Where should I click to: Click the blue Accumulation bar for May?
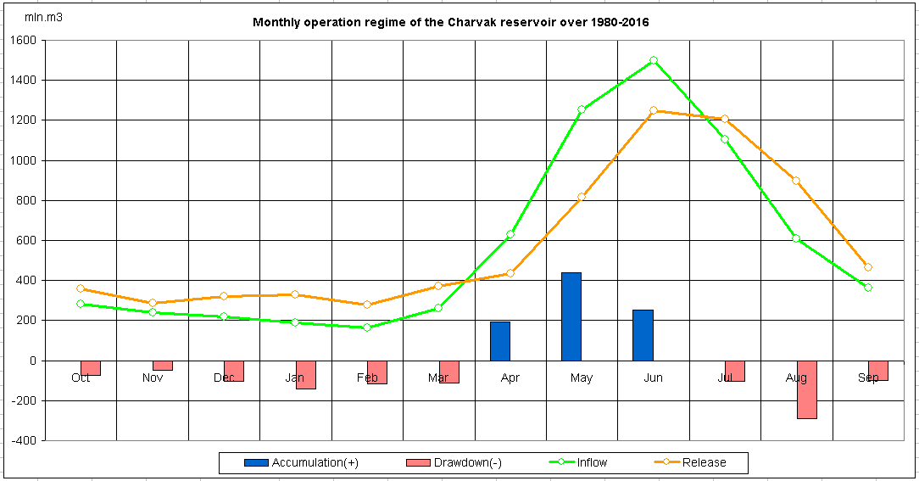pos(571,316)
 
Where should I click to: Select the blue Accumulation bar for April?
pos(500,340)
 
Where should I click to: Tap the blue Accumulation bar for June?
pos(643,334)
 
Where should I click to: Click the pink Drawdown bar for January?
pos(305,374)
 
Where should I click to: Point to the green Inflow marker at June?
pos(654,60)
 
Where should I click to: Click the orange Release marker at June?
pos(654,110)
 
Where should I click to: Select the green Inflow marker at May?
pos(582,109)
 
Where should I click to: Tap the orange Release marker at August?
pos(796,181)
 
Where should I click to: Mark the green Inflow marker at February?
pos(367,327)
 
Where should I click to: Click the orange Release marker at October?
pos(81,288)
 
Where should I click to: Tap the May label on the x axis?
pos(582,378)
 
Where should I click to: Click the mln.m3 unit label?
pos(43,17)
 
